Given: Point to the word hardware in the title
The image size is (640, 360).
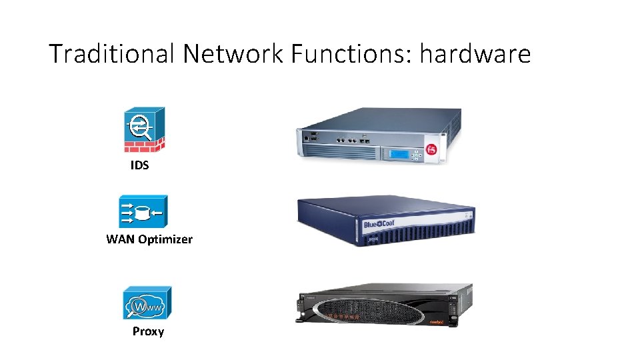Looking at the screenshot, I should pos(475,53).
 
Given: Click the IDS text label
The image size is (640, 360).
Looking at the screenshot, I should pos(139,165).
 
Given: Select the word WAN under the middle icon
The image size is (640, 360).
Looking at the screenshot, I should pos(121,239).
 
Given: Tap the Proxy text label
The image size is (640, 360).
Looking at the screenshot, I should pos(148,331).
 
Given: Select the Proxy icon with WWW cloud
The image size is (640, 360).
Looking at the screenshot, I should pos(147,304).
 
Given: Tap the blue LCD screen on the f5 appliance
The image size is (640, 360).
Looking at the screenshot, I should pos(399,154).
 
